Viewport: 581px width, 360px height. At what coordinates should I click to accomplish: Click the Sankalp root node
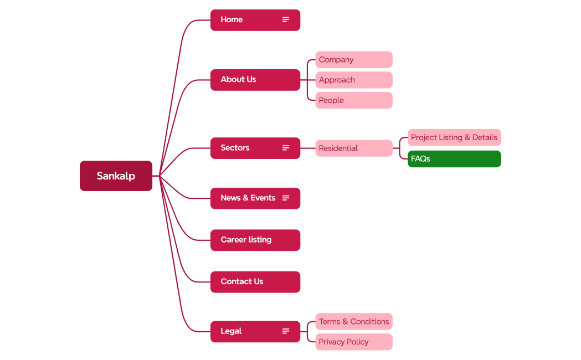(x=116, y=176)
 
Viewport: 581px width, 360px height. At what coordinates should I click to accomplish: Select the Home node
(x=244, y=20)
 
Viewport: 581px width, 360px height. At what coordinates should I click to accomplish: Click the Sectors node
(x=244, y=148)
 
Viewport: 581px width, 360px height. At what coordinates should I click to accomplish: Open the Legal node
(x=244, y=331)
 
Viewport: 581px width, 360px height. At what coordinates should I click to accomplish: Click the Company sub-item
(x=353, y=60)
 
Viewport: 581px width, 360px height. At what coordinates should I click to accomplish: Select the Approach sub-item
(x=353, y=80)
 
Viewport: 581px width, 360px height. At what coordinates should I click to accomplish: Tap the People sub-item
(x=353, y=100)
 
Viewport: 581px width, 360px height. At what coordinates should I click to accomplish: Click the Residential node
(x=353, y=148)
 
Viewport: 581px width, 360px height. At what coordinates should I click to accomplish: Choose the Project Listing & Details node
(x=454, y=137)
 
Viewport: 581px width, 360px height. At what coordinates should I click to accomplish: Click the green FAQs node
(x=454, y=159)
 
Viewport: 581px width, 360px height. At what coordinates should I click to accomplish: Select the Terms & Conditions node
(x=353, y=322)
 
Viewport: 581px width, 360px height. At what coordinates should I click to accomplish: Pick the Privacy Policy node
(x=353, y=342)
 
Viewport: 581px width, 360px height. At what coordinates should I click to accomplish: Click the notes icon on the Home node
(x=286, y=20)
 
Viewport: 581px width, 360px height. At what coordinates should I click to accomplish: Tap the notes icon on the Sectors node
(x=286, y=148)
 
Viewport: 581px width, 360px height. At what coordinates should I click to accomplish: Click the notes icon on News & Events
(x=286, y=198)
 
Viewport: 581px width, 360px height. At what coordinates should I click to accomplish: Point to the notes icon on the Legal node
(x=286, y=331)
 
